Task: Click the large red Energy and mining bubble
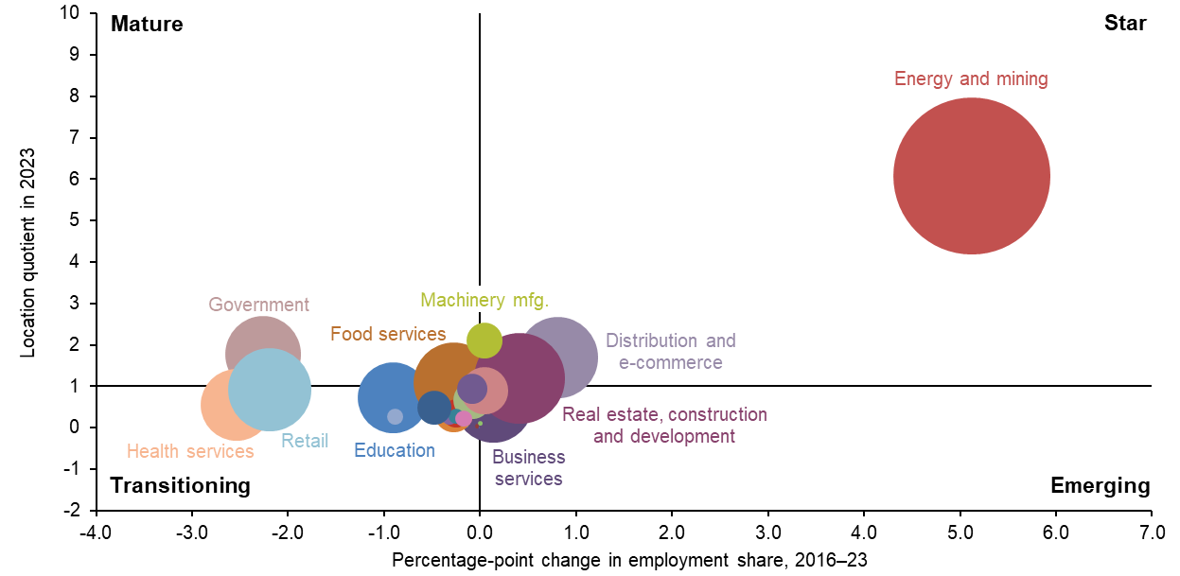pos(971,177)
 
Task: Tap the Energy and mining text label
pos(971,79)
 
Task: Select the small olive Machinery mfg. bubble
pos(484,340)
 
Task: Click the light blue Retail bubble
pos(270,390)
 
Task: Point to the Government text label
pos(258,305)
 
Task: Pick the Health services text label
pos(190,452)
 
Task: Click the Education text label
pos(395,451)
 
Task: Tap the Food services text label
pos(388,334)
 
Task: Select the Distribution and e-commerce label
pos(670,352)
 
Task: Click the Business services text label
pos(528,468)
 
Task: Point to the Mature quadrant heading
pos(147,25)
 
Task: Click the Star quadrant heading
pos(1125,25)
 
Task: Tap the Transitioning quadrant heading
pos(181,486)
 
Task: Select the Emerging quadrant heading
pos(1101,486)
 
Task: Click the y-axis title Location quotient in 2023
pos(28,253)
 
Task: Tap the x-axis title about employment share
pos(628,560)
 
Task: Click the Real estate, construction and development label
pos(664,426)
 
